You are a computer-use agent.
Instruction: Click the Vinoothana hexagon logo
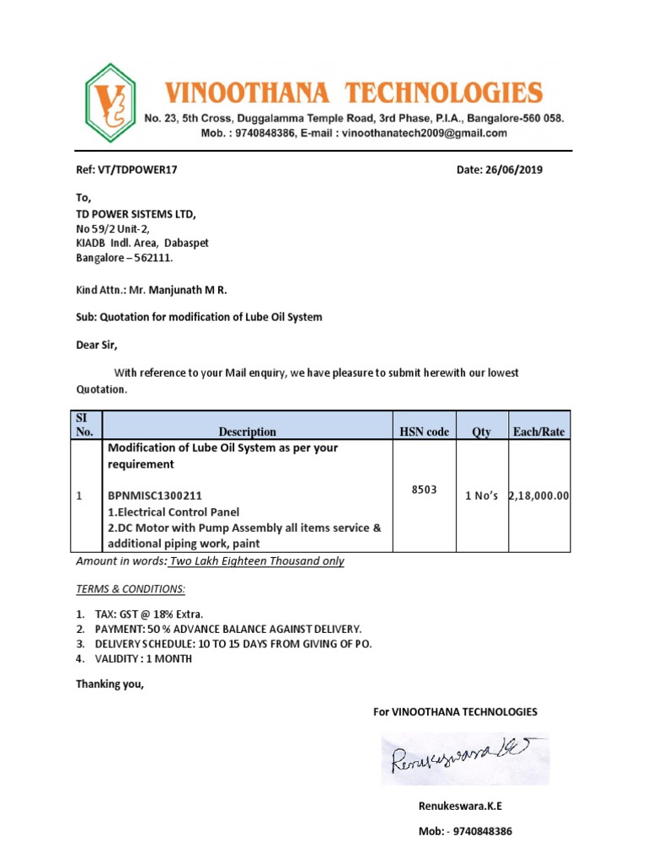(110, 104)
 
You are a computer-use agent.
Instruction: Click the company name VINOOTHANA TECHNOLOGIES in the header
(352, 92)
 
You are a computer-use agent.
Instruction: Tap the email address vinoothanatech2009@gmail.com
(422, 133)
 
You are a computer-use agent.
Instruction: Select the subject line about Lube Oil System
(199, 317)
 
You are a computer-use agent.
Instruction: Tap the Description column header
(247, 431)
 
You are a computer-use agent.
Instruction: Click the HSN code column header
(424, 431)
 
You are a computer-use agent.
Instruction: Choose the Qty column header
(481, 431)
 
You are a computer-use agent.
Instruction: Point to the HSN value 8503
(424, 490)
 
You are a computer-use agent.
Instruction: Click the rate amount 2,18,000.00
(539, 496)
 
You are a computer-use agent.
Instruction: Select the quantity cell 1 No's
(482, 496)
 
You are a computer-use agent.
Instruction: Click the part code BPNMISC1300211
(155, 496)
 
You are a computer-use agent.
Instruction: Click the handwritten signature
(463, 754)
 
